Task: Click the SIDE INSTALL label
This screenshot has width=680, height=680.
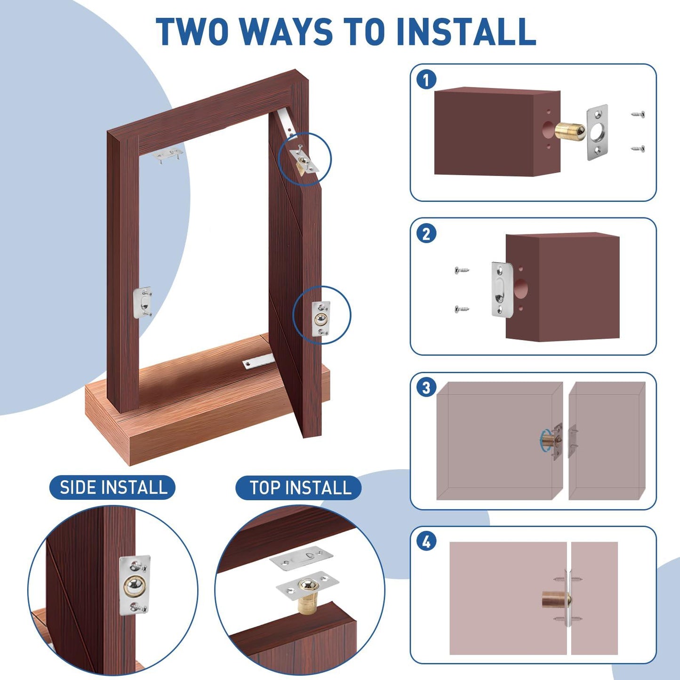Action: (113, 488)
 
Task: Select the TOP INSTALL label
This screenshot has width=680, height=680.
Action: (300, 488)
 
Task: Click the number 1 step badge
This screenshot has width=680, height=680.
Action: (426, 80)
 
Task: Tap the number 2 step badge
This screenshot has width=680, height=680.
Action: (426, 234)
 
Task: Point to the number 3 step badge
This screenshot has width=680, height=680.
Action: (426, 388)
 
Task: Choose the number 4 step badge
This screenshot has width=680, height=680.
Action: (426, 542)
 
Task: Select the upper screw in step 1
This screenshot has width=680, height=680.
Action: (638, 114)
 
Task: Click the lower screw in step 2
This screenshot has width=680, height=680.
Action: (462, 309)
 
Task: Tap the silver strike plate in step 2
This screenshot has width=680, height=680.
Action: (500, 289)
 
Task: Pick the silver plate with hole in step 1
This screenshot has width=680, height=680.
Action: (597, 132)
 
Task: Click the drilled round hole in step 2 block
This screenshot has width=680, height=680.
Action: (520, 288)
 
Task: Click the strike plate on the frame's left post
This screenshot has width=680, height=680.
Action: (143, 304)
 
